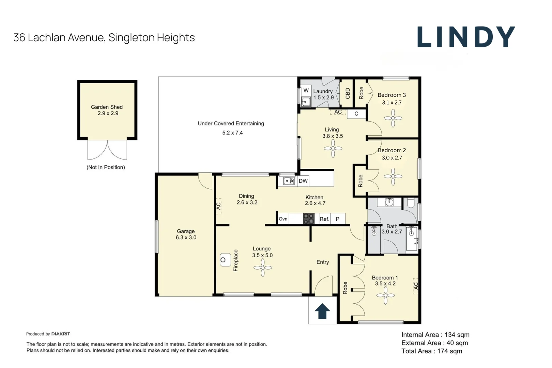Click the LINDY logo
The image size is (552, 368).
coord(466,37)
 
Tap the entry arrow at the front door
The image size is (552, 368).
coord(322,311)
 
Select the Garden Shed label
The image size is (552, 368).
coord(107,107)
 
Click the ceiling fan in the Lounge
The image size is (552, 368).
coord(263,267)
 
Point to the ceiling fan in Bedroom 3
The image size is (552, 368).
coord(393,118)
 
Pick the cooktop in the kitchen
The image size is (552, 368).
coord(309,219)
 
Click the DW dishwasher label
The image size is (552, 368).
coord(303,181)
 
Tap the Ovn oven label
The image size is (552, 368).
coord(283,219)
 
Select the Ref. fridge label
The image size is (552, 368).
coord(324,219)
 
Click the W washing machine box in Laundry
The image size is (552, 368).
coord(306,90)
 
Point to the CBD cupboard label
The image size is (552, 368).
coord(348,93)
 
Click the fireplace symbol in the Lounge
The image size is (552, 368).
coord(225,260)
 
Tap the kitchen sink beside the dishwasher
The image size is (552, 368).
coord(289,181)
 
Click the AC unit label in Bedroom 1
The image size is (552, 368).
coord(416,286)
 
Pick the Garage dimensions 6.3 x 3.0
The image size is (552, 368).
coord(186,237)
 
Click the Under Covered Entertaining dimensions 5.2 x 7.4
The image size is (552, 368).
coord(232,133)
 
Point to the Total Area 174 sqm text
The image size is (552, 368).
coord(432,351)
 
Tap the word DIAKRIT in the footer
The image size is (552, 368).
coord(61,334)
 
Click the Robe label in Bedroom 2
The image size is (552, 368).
coord(360,181)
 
